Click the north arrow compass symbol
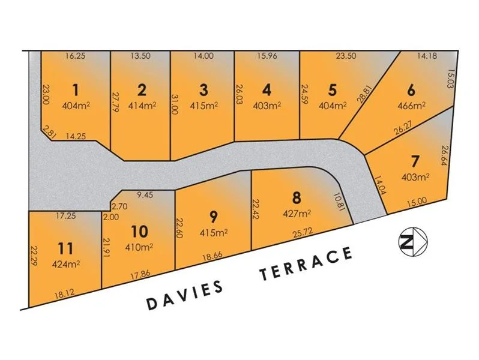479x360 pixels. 411,242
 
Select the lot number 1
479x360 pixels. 75,90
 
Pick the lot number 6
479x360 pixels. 411,91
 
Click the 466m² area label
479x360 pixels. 411,105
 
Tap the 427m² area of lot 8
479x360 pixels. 296,212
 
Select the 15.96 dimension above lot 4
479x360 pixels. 267,56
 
